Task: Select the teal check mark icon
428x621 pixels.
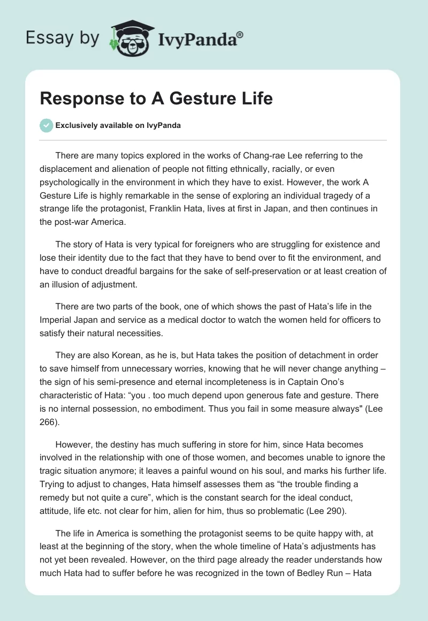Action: pos(46,125)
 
